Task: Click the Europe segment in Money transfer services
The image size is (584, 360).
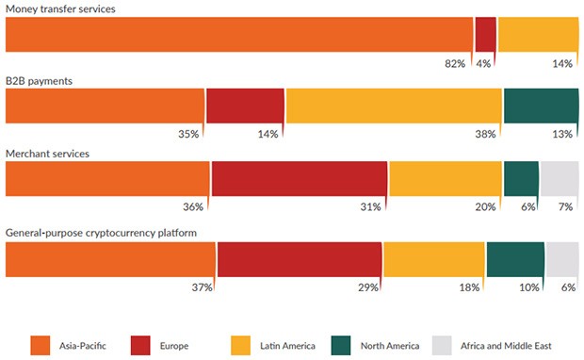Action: (485, 34)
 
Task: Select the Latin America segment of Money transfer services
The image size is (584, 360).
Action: (538, 34)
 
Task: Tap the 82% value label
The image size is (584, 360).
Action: (455, 63)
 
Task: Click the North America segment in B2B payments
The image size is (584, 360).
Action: (541, 106)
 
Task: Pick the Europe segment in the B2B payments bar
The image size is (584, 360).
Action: (245, 106)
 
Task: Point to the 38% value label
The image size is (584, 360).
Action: (486, 134)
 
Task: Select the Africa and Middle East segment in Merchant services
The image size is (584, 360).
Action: (560, 178)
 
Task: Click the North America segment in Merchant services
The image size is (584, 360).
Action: (521, 178)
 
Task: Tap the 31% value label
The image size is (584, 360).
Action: (370, 206)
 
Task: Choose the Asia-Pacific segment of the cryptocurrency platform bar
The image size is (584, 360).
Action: (111, 259)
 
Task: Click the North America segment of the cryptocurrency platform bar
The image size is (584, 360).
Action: (515, 259)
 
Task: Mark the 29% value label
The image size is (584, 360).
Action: (366, 286)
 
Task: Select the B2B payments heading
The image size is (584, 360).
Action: (40, 80)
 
